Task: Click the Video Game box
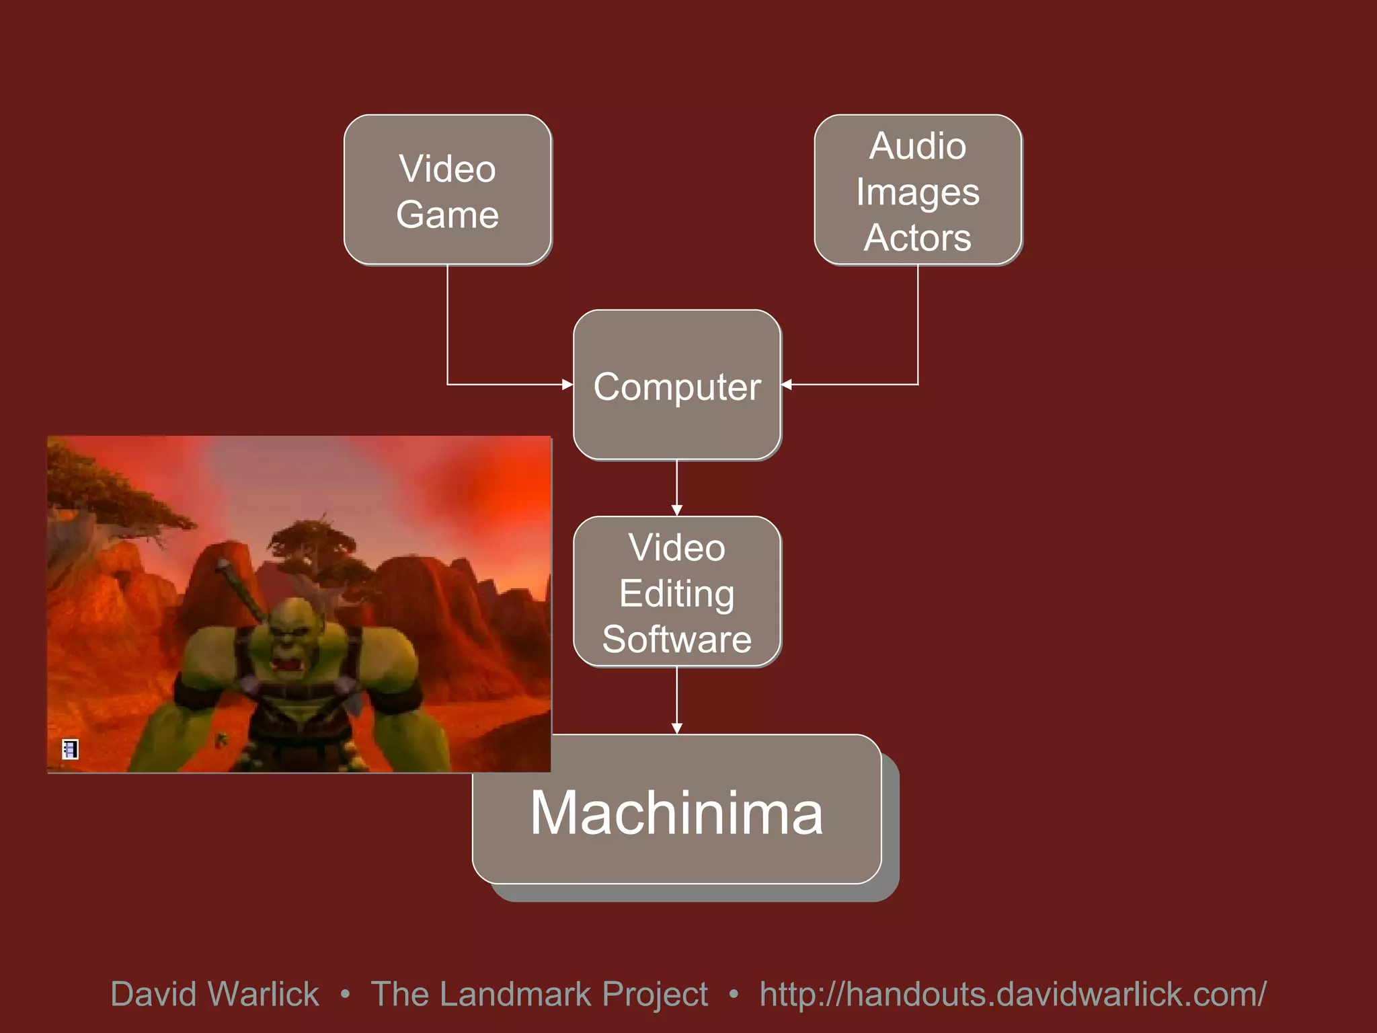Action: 447,190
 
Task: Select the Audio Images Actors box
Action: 918,190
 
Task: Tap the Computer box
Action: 676,385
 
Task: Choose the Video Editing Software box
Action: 676,592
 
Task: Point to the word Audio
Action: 918,146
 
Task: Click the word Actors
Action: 918,237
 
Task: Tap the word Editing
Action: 676,593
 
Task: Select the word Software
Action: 676,639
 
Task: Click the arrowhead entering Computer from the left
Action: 567,385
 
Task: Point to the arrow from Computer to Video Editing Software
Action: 676,488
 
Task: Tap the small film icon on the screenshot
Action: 70,749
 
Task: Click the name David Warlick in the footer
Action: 214,994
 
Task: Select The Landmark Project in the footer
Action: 539,994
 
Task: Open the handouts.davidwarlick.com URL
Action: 1013,994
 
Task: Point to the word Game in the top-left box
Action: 447,215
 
